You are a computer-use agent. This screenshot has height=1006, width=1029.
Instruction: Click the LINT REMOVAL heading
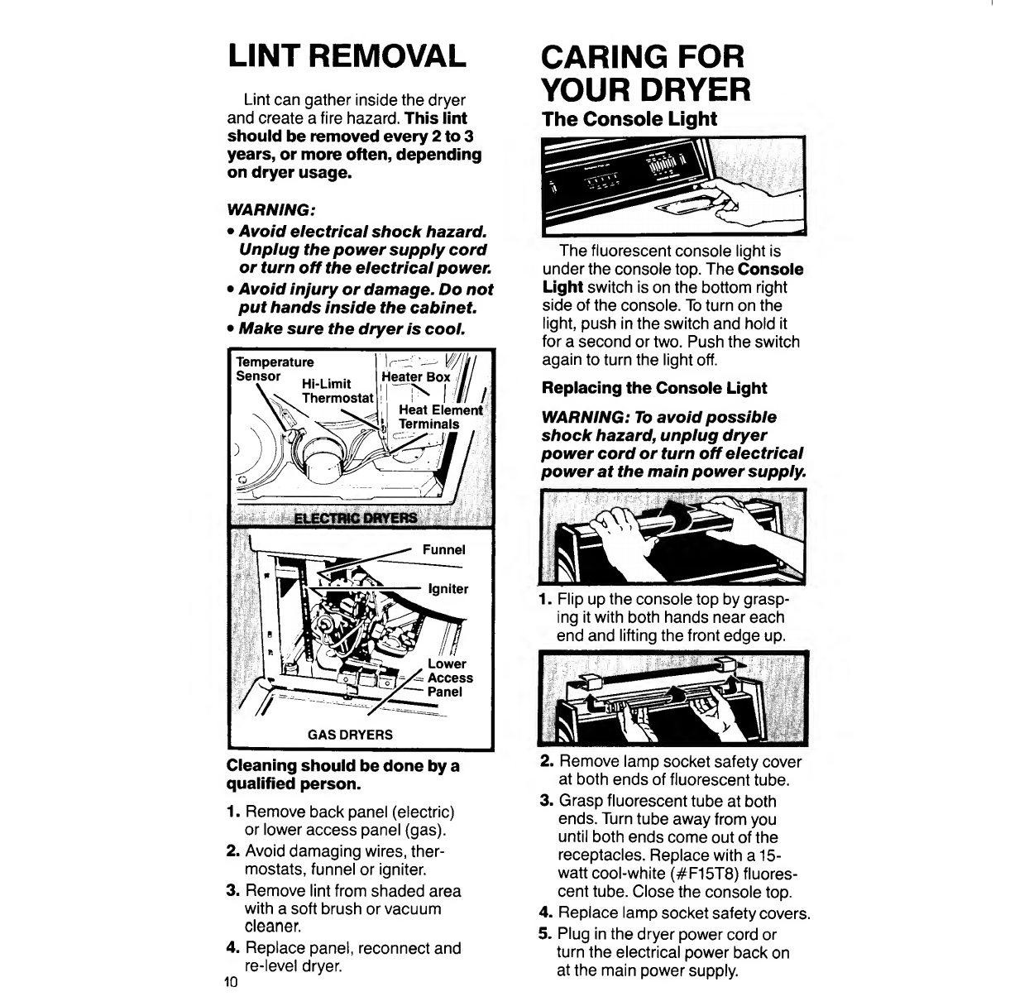pos(347,56)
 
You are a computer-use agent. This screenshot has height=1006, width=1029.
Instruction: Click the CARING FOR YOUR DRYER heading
pos(646,73)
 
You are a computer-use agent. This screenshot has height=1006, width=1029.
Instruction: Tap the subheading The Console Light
pos(629,119)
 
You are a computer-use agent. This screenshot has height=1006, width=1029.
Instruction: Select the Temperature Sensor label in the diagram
pos(275,369)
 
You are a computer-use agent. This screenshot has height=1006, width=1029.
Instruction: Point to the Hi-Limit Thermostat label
pos(337,390)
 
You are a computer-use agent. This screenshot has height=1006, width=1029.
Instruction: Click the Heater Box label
pos(415,377)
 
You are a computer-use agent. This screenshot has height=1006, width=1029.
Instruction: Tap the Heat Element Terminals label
pos(441,417)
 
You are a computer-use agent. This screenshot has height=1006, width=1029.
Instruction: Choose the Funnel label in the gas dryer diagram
pos(443,550)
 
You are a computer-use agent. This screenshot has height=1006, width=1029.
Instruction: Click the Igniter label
pos(447,589)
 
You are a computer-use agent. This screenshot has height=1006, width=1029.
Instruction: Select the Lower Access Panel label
pos(450,678)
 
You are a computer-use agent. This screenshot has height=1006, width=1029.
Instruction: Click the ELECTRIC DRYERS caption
pos(356,519)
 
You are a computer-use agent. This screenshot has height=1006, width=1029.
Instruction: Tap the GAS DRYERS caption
pos(350,735)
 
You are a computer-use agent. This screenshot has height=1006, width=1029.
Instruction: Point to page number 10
pos(231,982)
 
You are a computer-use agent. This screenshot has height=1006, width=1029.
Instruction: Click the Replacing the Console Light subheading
pos(654,388)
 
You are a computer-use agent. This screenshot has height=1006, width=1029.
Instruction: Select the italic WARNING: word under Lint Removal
pos(271,210)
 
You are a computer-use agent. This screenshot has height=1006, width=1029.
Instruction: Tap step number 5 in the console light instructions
pos(545,934)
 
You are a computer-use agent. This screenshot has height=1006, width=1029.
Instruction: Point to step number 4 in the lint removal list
pos(233,947)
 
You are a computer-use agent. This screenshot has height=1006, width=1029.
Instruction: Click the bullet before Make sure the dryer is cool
pos(231,329)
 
